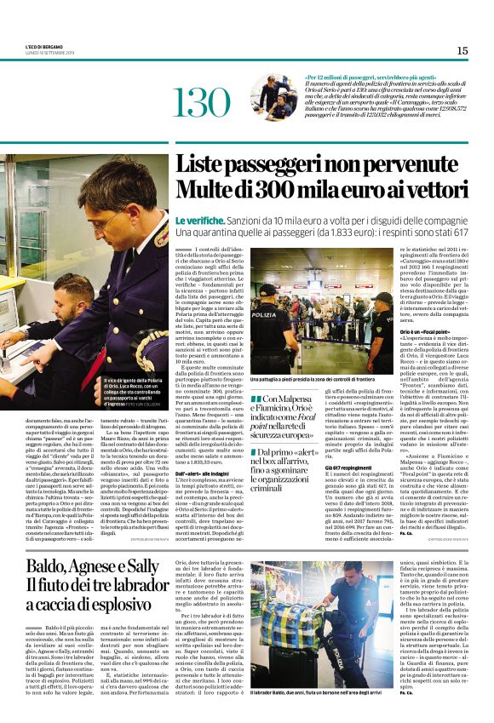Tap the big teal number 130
[x=202, y=102]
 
